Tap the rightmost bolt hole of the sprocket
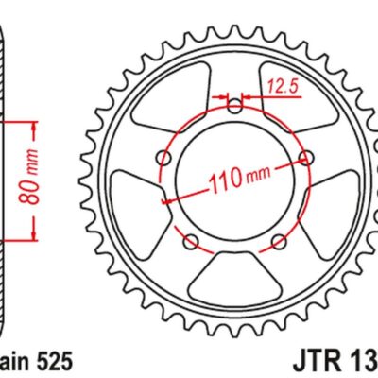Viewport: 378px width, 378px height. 305,157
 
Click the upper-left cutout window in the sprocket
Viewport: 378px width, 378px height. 166,94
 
